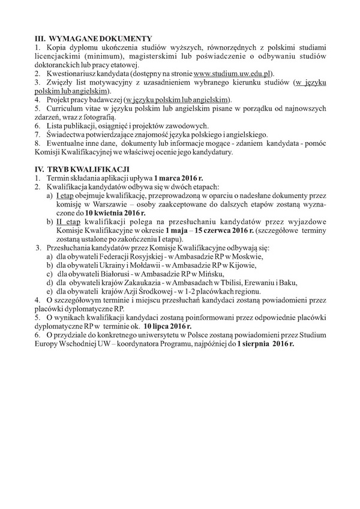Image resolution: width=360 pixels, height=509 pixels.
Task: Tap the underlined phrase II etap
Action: pyautogui.click(x=69, y=221)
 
